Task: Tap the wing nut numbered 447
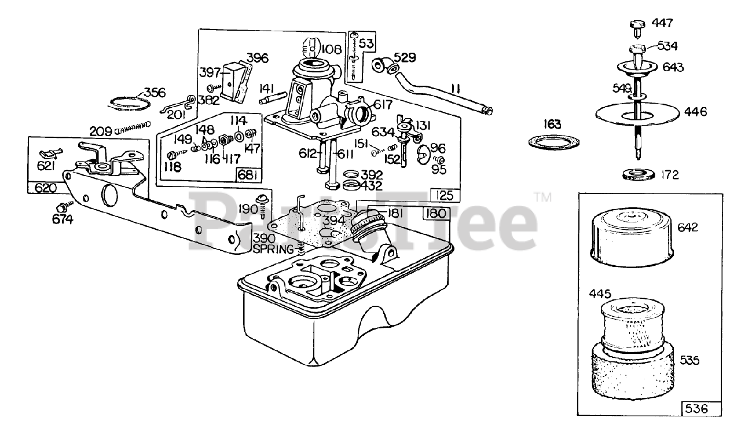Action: [x=636, y=25]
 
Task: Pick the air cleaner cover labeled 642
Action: [x=629, y=238]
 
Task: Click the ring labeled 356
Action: [x=129, y=103]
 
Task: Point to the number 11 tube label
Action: [x=455, y=89]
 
